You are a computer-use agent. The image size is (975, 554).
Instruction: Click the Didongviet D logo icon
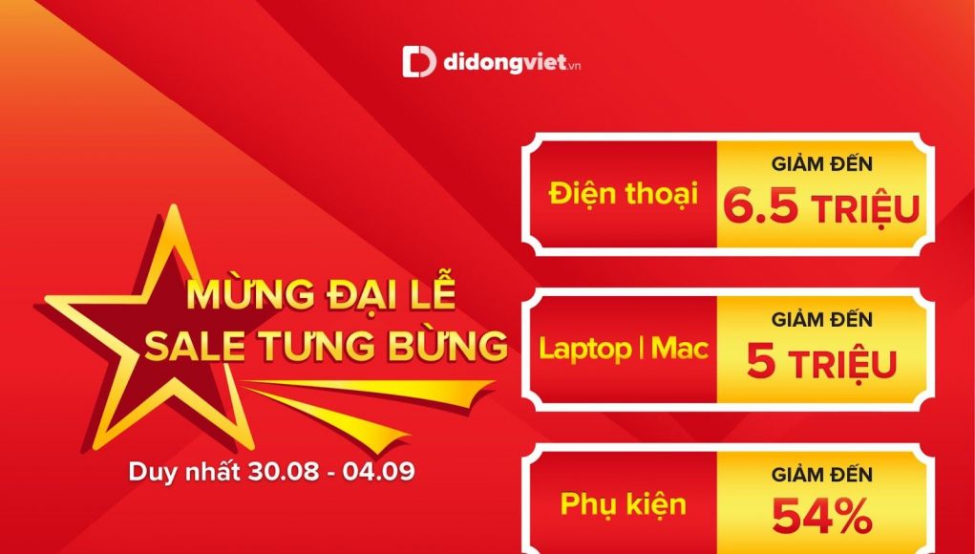tap(419, 61)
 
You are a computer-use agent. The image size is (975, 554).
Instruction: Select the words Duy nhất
tap(184, 471)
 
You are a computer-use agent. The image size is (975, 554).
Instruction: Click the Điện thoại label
tap(623, 193)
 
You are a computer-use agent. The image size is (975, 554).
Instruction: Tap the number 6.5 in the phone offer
tap(760, 207)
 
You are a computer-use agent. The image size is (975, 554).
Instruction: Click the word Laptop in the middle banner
tap(584, 350)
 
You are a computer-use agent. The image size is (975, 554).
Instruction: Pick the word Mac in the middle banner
tap(680, 349)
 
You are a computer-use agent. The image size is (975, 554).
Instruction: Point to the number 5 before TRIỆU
tap(760, 362)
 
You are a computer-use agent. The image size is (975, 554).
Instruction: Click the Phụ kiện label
tap(623, 504)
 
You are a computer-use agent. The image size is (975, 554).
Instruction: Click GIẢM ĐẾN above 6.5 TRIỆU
tap(821, 164)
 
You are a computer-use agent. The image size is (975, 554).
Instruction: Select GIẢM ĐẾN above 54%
tap(821, 475)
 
